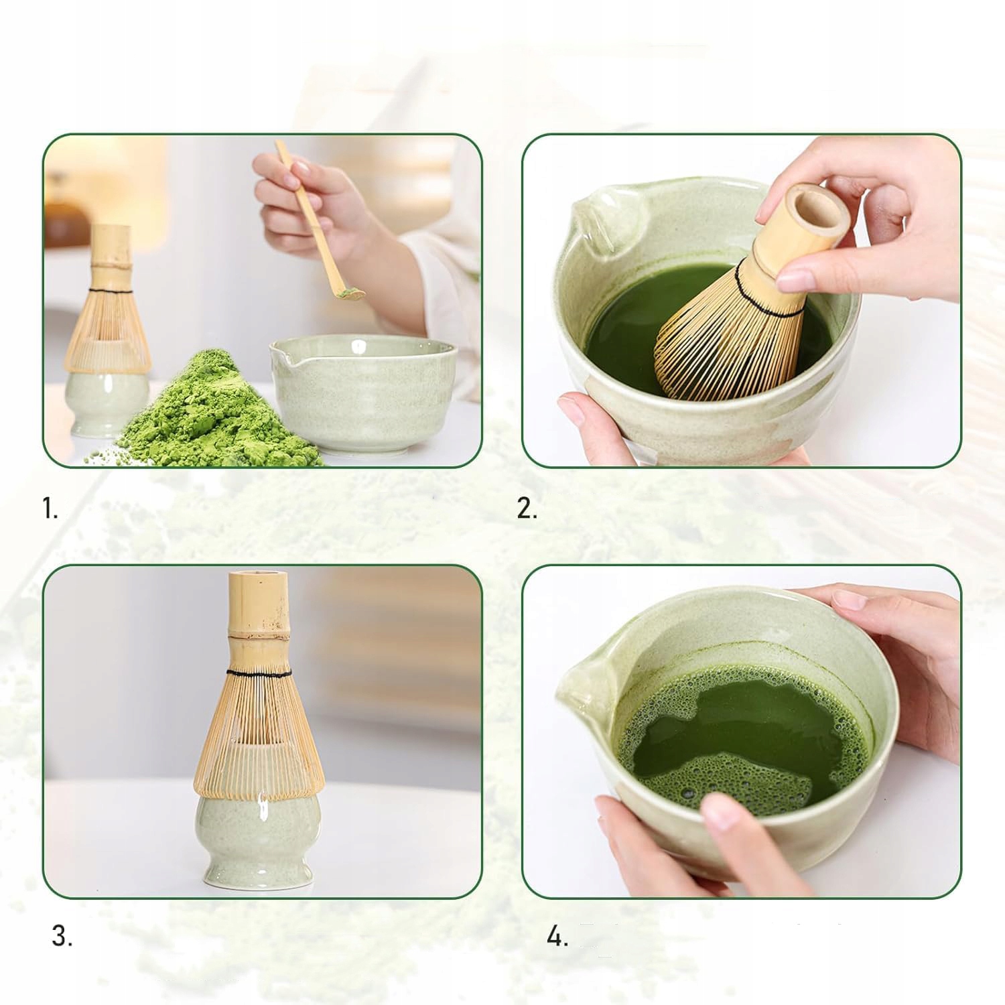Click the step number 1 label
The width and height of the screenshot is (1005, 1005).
coord(50,509)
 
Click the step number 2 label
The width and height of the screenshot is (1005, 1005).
coord(527,509)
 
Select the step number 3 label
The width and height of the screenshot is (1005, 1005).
coord(62,936)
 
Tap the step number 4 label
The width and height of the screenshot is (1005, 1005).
coord(557,936)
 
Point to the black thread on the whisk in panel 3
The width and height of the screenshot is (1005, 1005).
coord(258,672)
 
